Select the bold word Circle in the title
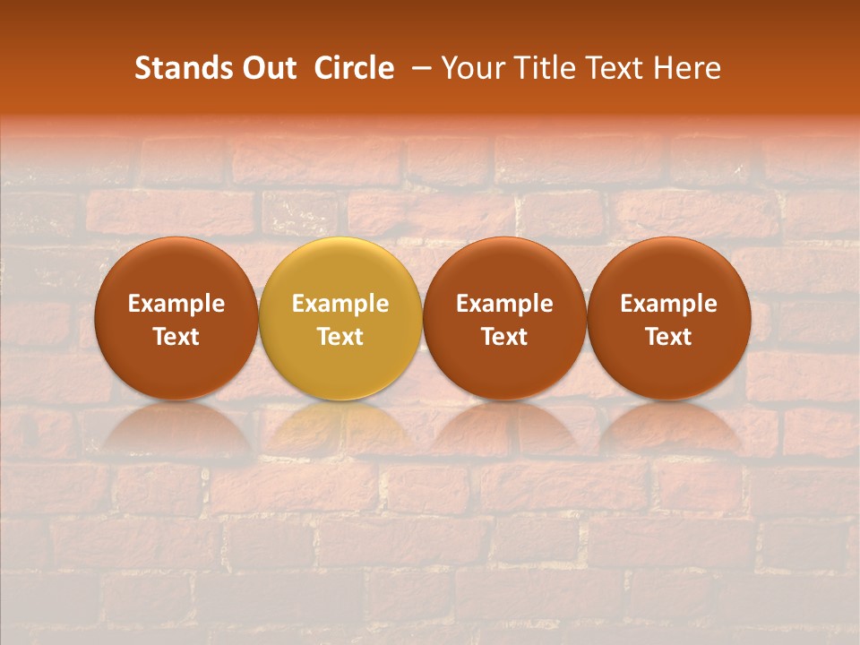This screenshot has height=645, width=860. pos(354,68)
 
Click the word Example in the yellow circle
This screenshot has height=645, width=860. pos(340,304)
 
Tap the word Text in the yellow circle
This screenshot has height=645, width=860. pos(340,337)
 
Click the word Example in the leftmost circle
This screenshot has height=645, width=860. pos(176,304)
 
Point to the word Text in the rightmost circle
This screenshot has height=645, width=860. pos(668,337)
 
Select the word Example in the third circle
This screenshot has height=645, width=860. pos(504,304)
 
